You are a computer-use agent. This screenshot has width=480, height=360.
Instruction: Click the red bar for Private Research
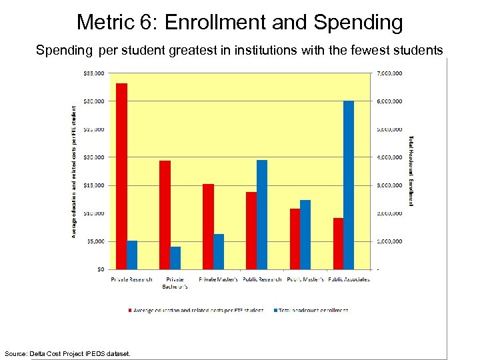pyautogui.click(x=121, y=176)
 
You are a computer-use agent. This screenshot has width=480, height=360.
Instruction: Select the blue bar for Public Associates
pyautogui.click(x=349, y=185)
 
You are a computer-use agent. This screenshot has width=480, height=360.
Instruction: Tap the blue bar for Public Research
pyautogui.click(x=262, y=214)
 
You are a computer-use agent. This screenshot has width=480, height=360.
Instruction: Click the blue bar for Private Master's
pyautogui.click(x=219, y=251)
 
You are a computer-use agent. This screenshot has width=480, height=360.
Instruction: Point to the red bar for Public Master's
pyautogui.click(x=295, y=239)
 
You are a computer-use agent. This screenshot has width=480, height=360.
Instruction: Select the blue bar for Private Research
pyautogui.click(x=132, y=255)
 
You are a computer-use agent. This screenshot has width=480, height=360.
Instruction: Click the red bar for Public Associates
pyautogui.click(x=338, y=243)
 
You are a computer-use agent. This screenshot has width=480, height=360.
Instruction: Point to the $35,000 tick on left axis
pyautogui.click(x=94, y=73)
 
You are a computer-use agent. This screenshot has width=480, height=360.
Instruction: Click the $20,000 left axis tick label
pyautogui.click(x=94, y=157)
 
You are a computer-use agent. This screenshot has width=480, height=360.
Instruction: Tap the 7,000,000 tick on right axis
pyautogui.click(x=390, y=73)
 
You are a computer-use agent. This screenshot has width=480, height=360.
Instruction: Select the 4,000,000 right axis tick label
pyautogui.click(x=390, y=157)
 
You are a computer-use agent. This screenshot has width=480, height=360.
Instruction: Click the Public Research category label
pyautogui.click(x=262, y=279)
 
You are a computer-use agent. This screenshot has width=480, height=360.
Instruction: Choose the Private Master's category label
pyautogui.click(x=218, y=279)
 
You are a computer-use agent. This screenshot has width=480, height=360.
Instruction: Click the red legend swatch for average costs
pyautogui.click(x=129, y=310)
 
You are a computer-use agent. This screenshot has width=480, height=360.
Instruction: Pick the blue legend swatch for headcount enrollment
pyautogui.click(x=274, y=310)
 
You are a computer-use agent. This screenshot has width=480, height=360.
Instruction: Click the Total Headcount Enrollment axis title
pyautogui.click(x=411, y=171)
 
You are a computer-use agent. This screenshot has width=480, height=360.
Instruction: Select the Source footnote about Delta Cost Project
pyautogui.click(x=67, y=353)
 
